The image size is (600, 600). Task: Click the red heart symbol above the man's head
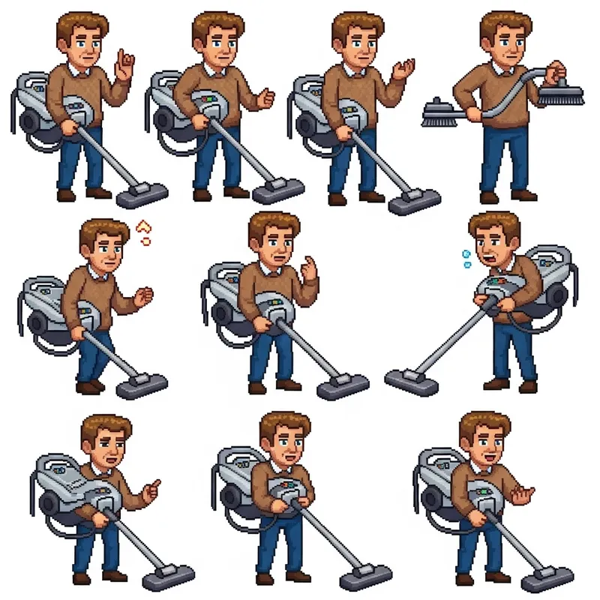coord(145,226)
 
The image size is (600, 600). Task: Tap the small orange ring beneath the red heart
coord(146,241)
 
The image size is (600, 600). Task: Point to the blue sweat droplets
coord(465,258)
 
